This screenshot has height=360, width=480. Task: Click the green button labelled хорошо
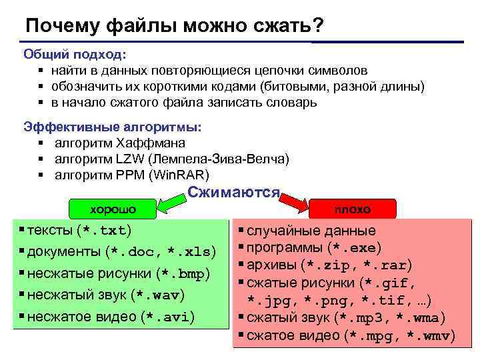pos(113,209)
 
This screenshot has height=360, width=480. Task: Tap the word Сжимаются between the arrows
pos(233,192)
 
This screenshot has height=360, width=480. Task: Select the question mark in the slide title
pos(318,25)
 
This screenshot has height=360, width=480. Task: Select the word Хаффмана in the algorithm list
pos(151,143)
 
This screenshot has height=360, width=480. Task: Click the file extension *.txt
pos(104,231)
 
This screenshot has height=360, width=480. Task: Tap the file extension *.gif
pos(397,283)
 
